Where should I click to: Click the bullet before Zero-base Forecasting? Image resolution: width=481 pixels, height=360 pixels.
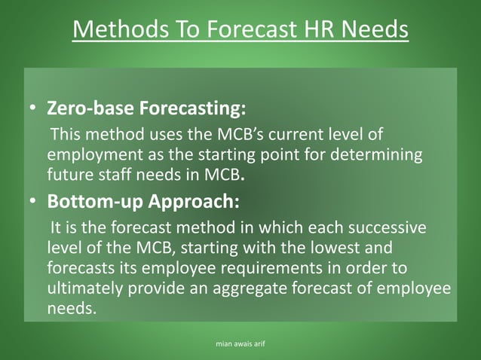[x=33, y=109]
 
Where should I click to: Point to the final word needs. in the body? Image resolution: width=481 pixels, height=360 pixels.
[x=72, y=307]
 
